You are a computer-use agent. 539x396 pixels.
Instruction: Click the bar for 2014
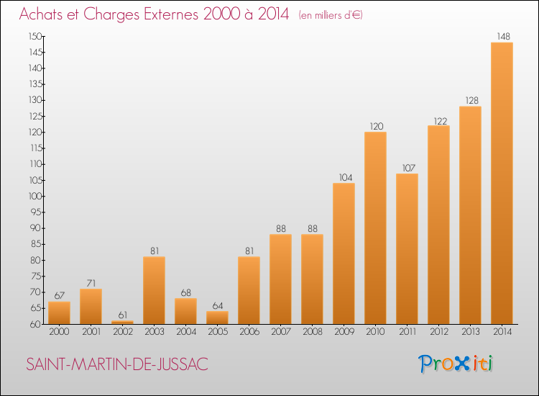click(502, 183)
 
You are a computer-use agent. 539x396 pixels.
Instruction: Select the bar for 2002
click(123, 323)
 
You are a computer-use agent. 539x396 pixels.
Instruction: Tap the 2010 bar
click(375, 228)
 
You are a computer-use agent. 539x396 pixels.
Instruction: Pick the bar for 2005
click(217, 318)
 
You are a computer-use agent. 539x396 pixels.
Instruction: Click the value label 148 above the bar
click(503, 37)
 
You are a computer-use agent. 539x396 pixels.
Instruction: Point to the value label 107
click(409, 168)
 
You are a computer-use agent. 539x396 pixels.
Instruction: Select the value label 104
click(346, 178)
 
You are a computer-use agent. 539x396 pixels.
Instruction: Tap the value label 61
click(123, 315)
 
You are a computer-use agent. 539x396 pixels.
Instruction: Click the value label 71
click(91, 284)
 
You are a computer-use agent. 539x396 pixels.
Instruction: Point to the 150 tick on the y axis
click(35, 37)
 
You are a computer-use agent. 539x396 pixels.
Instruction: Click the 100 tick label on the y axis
click(35, 197)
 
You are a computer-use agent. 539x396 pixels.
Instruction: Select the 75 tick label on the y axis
click(36, 276)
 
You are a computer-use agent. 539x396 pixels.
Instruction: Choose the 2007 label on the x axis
click(281, 332)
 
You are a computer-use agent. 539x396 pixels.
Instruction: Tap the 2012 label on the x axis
click(439, 332)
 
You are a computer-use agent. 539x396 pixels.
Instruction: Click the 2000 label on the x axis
click(59, 332)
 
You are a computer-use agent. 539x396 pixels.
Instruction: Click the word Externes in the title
click(171, 14)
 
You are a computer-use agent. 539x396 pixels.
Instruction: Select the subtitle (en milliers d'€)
click(331, 16)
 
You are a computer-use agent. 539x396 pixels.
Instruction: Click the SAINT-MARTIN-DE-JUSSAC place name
click(117, 364)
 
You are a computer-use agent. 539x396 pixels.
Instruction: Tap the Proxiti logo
click(456, 364)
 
